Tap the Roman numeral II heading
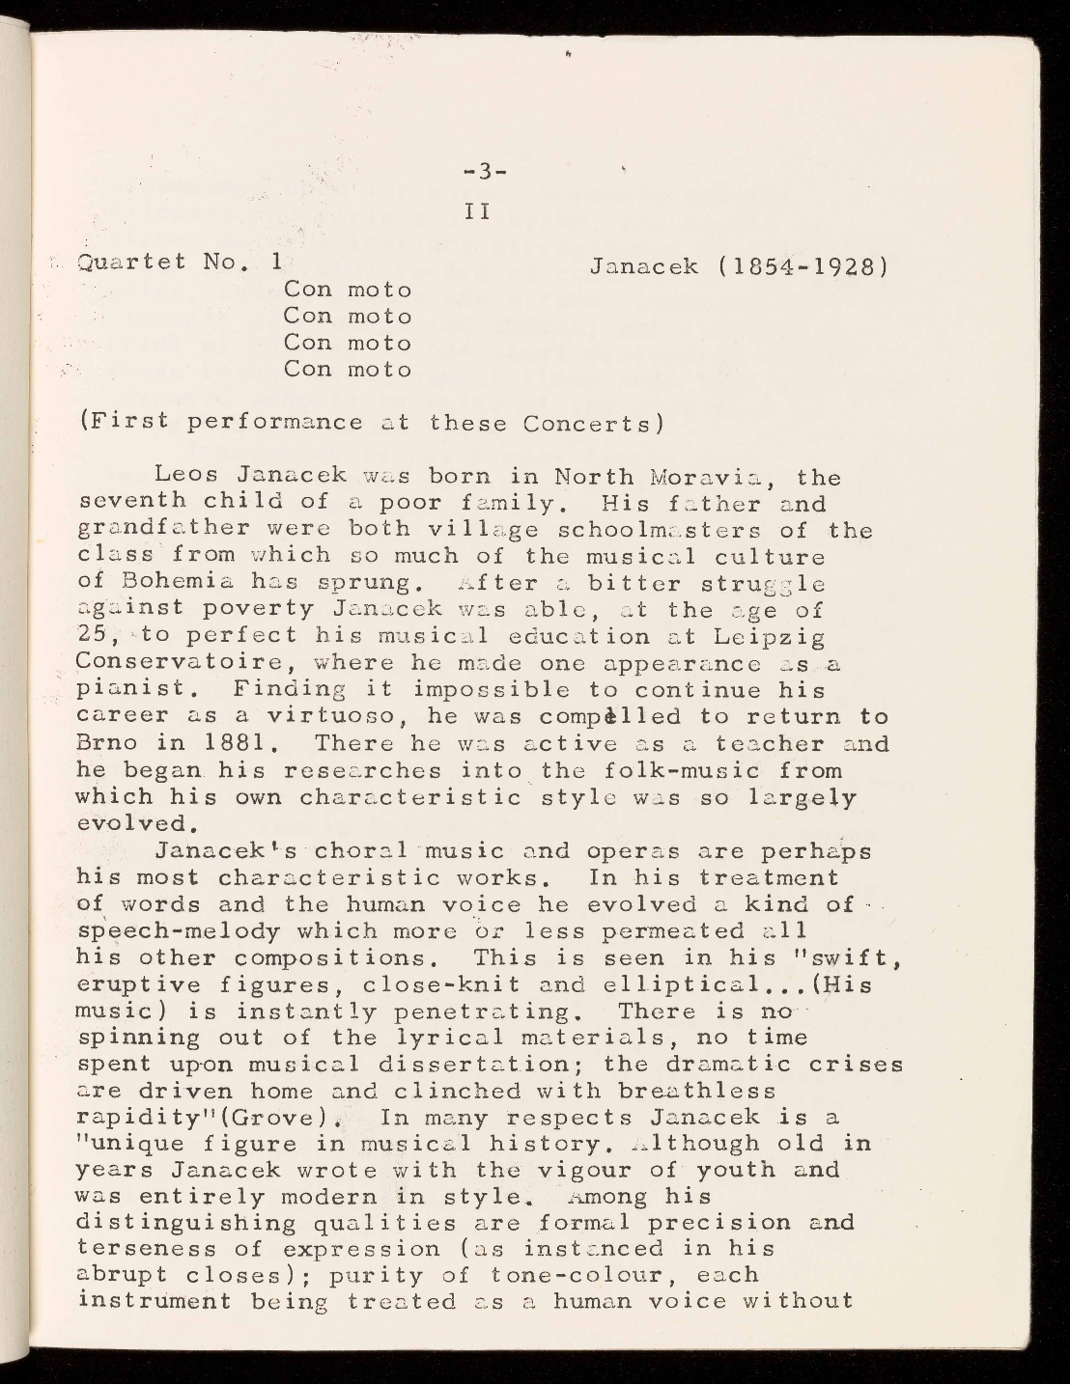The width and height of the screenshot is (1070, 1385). pos(478,210)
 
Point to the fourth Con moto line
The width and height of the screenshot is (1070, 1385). pos(348,370)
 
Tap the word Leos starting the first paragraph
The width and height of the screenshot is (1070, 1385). pos(188,477)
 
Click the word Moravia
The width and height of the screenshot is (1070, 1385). pos(709,477)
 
